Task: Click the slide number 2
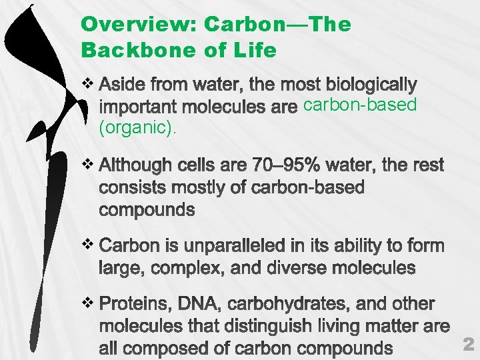(x=468, y=344)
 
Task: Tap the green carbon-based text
(x=359, y=105)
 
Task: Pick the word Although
(x=135, y=165)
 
